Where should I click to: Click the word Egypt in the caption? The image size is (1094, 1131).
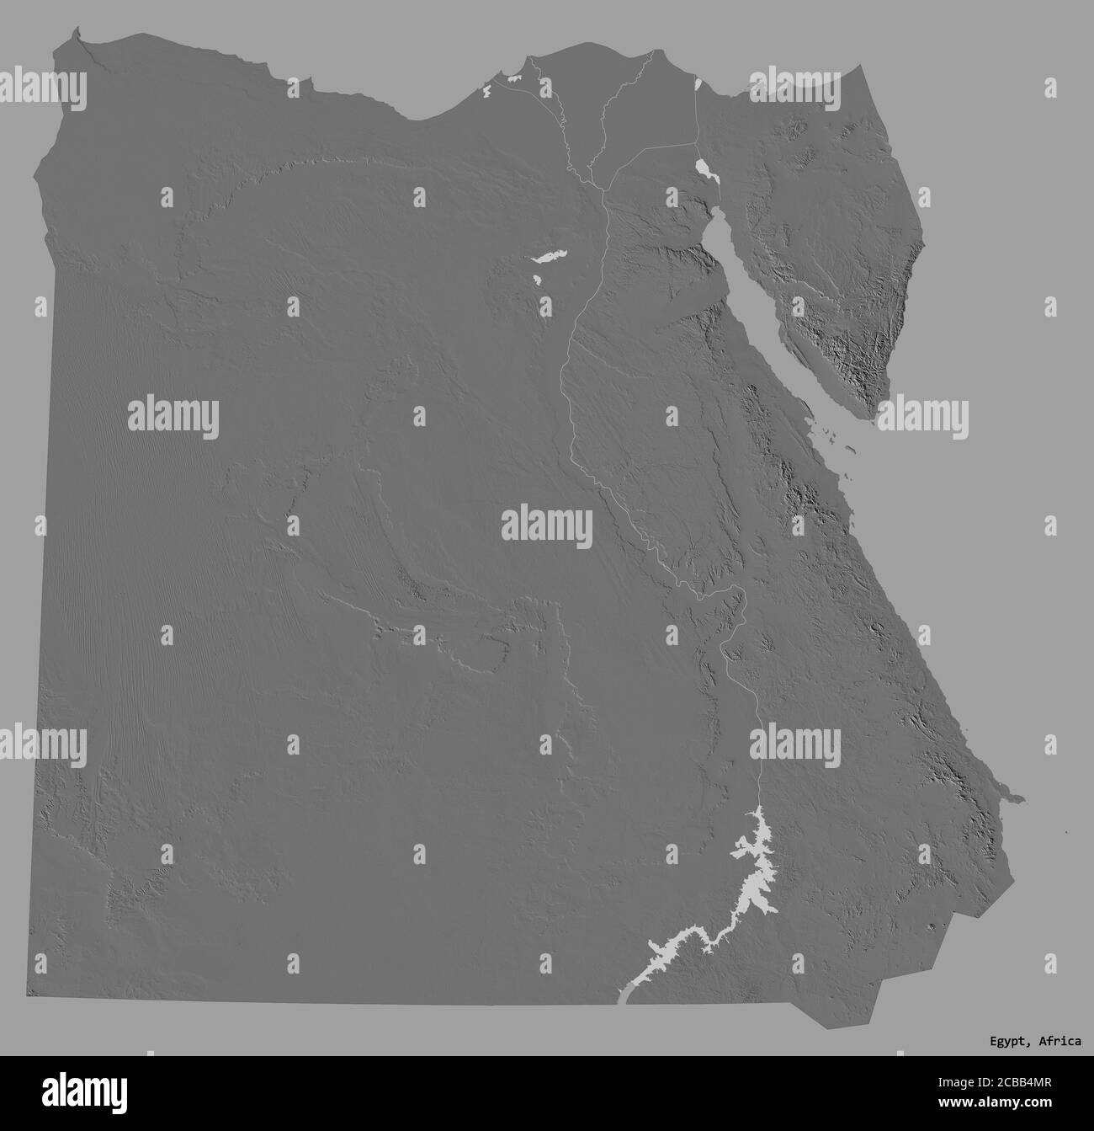(x=1006, y=1042)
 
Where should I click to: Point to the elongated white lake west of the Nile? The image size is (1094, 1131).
(x=549, y=255)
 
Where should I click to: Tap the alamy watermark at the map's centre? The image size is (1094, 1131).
(x=547, y=526)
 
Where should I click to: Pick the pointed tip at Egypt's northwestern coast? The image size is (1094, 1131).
(x=77, y=31)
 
